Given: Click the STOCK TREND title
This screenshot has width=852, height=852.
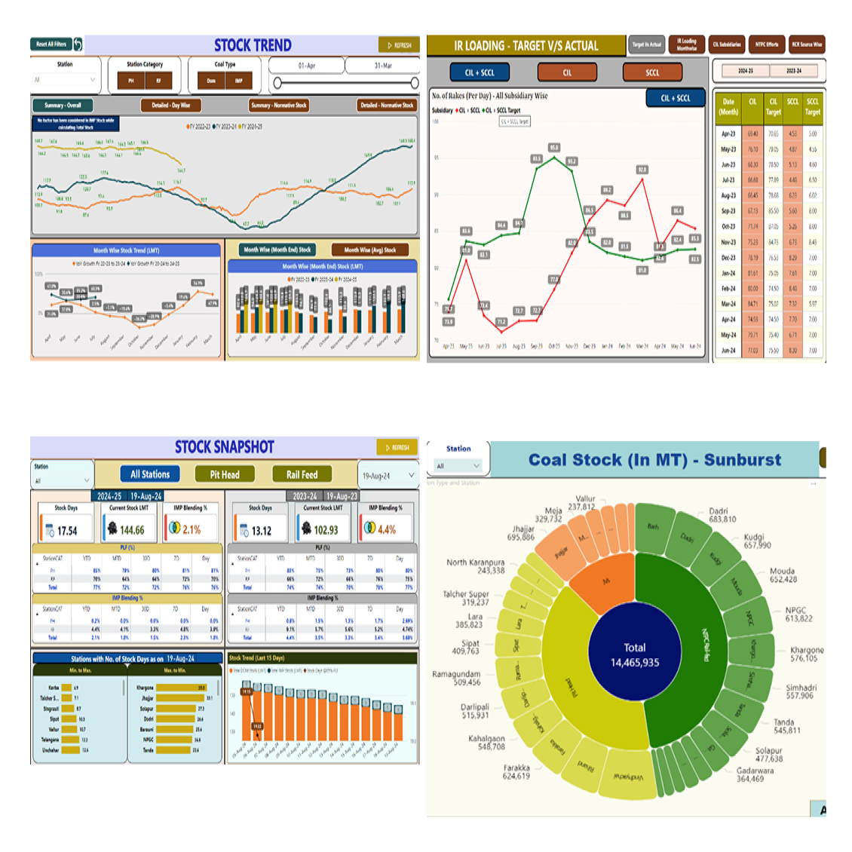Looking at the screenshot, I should click(x=253, y=45).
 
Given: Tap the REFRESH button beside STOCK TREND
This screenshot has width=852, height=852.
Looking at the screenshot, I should click(x=399, y=45).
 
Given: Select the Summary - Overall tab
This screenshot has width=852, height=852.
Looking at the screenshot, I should click(x=63, y=106).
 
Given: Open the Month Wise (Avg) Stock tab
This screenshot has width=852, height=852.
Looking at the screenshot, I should click(x=369, y=250).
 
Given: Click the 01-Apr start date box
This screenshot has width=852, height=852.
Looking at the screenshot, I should click(x=306, y=66).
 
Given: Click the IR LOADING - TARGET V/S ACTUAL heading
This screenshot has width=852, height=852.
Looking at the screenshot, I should click(x=526, y=46).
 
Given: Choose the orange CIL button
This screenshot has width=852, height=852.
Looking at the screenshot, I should click(x=567, y=72).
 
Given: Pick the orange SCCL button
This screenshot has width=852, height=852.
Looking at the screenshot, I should click(x=652, y=72).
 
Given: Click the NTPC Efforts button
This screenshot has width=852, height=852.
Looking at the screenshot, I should click(x=767, y=44).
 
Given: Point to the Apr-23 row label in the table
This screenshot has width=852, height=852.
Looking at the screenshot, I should click(x=728, y=133).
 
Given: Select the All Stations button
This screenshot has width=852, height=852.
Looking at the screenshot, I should click(x=150, y=474).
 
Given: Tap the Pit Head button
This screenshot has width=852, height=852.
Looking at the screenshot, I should click(x=225, y=474).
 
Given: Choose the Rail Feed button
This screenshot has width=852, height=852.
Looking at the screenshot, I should click(x=302, y=474).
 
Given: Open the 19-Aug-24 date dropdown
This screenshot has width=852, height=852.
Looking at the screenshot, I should click(x=388, y=476).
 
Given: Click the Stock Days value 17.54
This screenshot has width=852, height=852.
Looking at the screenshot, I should click(x=66, y=531).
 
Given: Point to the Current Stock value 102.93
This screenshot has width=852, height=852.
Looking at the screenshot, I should click(x=326, y=530).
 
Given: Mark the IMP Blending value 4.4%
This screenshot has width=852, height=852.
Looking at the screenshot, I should click(x=386, y=530).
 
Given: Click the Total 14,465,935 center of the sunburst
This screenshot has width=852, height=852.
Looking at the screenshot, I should click(x=634, y=655).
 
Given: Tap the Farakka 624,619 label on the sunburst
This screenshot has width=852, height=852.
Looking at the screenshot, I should click(x=516, y=771).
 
